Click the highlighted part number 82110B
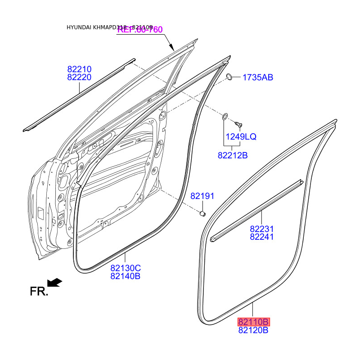tap(254, 322)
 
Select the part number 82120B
tap(254, 330)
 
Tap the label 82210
tap(80, 69)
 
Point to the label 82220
tap(80, 77)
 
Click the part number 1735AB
tap(258, 77)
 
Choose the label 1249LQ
tap(241, 137)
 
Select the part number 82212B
tap(233, 156)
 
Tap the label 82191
tap(202, 196)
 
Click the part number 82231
tap(262, 229)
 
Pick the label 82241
tap(262, 237)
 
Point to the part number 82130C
tap(126, 268)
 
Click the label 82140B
tap(126, 276)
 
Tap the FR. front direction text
tap(39, 292)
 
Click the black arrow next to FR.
tap(55, 283)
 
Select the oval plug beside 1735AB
tap(229, 77)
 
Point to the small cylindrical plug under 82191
tap(203, 212)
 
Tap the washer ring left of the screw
tap(225, 117)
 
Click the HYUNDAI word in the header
tap(79, 27)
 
